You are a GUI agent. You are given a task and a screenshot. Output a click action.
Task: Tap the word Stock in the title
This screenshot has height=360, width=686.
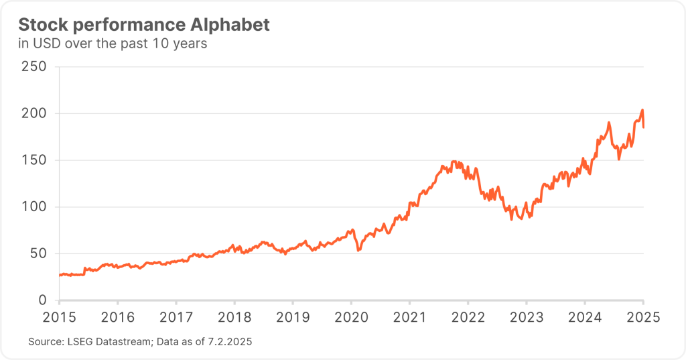40,25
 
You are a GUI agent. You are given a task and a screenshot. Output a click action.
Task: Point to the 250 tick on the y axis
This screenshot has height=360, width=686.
33,67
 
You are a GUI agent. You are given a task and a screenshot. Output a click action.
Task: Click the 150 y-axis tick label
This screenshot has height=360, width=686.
33,160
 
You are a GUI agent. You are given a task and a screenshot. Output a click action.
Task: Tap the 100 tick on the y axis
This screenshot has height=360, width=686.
33,207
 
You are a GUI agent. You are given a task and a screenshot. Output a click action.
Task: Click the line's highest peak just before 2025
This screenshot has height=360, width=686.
642,110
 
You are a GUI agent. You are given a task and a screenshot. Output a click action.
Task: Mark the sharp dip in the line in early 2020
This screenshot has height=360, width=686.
358,250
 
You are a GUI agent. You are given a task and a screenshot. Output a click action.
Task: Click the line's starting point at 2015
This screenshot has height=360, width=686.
60,275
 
